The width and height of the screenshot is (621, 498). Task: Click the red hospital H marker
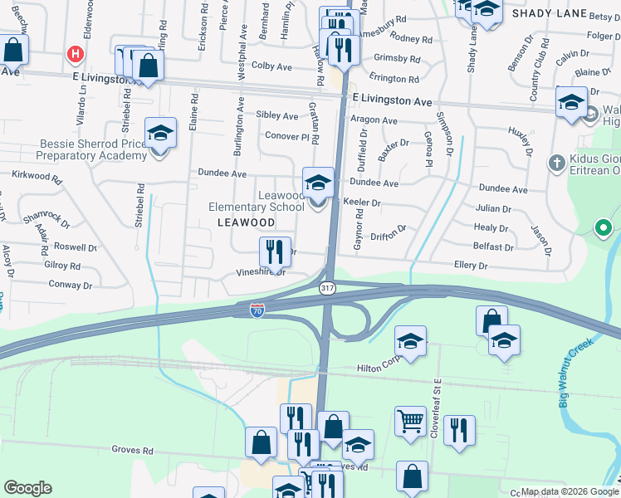pyautogui.click(x=76, y=55)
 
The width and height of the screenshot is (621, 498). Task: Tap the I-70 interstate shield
pyautogui.click(x=258, y=310)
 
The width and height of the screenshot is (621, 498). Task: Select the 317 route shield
pyautogui.click(x=327, y=287)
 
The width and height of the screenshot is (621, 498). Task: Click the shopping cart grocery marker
pyautogui.click(x=410, y=422)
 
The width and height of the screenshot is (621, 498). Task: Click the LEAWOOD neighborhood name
pyautogui.click(x=246, y=222)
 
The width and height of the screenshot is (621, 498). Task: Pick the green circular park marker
pyautogui.click(x=604, y=227)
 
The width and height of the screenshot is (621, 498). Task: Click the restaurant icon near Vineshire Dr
pyautogui.click(x=274, y=251)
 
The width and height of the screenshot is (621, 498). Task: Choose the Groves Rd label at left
pyautogui.click(x=133, y=450)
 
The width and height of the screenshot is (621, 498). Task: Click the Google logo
pyautogui.click(x=27, y=488)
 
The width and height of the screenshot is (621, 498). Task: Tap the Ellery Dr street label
pyautogui.click(x=470, y=266)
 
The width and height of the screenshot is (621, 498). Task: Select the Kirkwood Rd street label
pyautogui.click(x=37, y=177)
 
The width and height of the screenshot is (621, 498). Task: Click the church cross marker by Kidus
pyautogui.click(x=556, y=161)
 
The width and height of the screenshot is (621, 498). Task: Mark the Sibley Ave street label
pyautogui.click(x=277, y=116)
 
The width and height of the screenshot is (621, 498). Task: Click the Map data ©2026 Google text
pyautogui.click(x=567, y=491)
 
